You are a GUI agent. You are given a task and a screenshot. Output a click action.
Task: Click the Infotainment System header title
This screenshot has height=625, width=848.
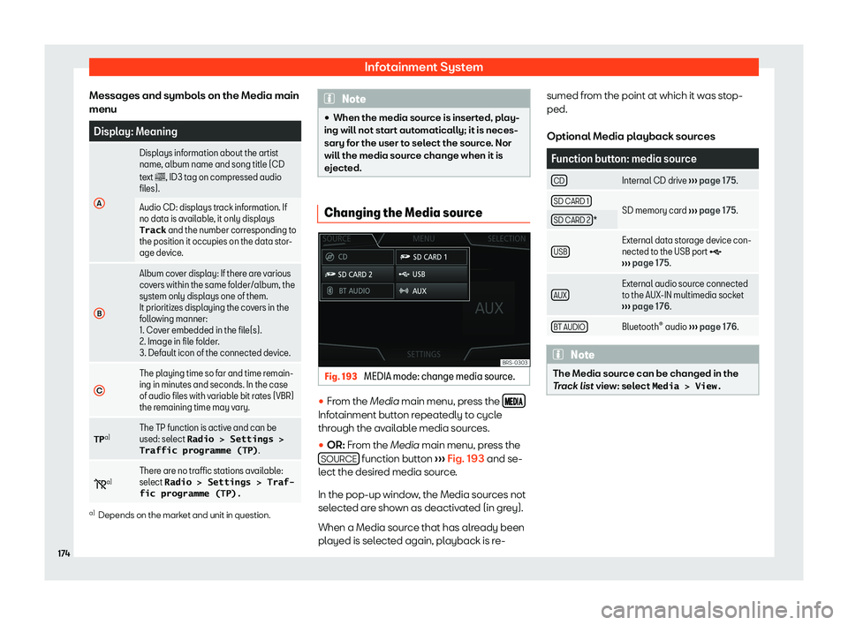pyautogui.click(x=423, y=66)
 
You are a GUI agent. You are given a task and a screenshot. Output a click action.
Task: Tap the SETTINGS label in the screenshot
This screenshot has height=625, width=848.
pyautogui.click(x=424, y=355)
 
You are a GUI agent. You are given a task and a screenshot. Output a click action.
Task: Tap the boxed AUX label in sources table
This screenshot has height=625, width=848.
pyautogui.click(x=558, y=294)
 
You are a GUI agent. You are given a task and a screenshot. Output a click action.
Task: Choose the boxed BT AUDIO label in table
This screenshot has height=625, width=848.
pyautogui.click(x=568, y=327)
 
